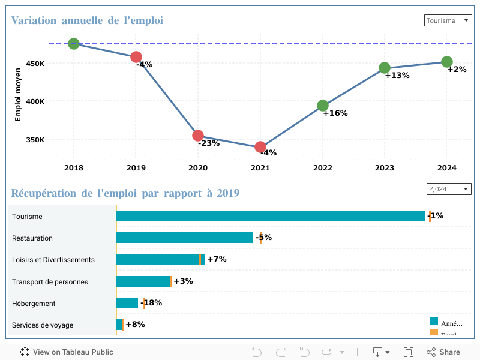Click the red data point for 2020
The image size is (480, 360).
coord(198,136)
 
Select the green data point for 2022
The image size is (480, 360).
coord(323,106)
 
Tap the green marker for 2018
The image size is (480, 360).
coord(74,44)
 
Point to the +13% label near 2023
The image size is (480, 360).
coord(397,76)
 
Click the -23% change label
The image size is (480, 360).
coord(209,143)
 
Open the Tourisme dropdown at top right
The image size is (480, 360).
coord(448,20)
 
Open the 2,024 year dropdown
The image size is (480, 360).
coord(448,189)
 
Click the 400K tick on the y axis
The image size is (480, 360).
coord(35,101)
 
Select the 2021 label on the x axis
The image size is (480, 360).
coord(260,169)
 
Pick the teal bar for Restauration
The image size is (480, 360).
coord(185,238)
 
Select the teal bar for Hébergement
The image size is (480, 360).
coord(127,303)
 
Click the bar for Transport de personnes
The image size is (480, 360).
coord(143,281)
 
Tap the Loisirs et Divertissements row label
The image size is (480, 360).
coord(53,260)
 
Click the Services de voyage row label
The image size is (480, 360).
coord(43,325)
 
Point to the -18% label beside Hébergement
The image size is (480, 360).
coord(152,303)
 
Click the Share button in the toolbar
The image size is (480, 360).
coord(443,352)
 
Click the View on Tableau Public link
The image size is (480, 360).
coord(67,352)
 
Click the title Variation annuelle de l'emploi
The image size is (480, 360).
coord(87,20)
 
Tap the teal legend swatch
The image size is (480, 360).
coord(434,321)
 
